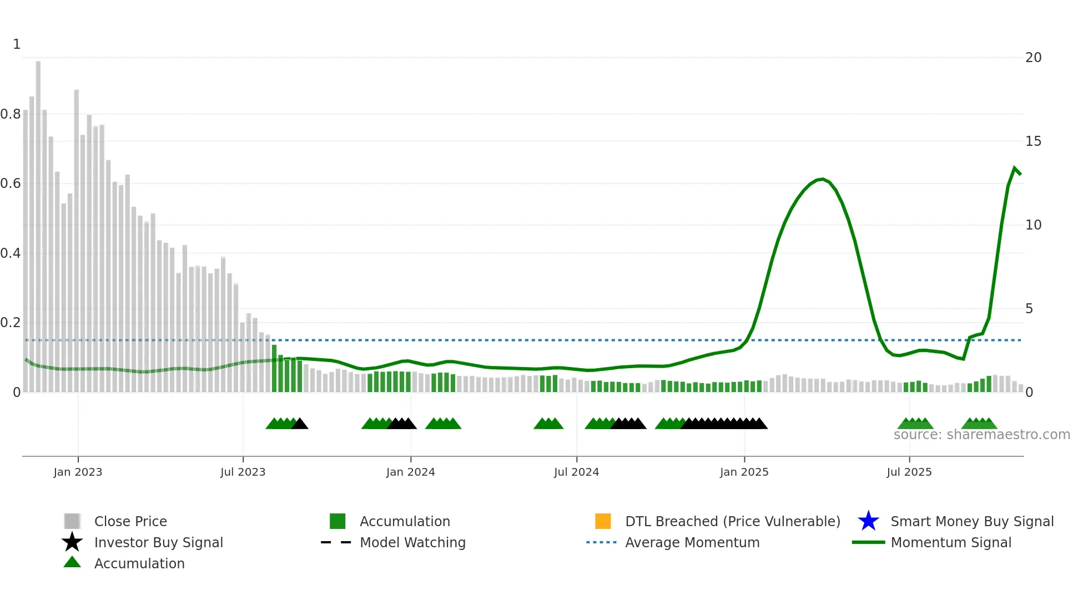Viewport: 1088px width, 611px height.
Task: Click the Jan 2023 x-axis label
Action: pos(78,472)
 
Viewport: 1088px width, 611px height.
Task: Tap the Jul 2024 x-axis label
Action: pos(576,472)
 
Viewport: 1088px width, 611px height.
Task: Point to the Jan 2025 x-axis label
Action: pos(744,472)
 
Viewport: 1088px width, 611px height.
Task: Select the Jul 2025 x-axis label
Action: pos(909,472)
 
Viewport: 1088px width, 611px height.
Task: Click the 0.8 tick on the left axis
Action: pos(11,114)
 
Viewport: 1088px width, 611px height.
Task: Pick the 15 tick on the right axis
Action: pos(1033,141)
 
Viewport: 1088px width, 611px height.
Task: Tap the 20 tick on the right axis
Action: pos(1033,58)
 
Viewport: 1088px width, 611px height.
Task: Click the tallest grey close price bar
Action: pos(38,222)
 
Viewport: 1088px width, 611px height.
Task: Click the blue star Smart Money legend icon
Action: pos(868,521)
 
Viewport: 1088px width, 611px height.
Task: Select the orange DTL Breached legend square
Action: pos(603,521)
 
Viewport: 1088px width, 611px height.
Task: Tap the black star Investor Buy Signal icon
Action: pos(72,542)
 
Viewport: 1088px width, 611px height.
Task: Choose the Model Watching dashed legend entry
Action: pos(336,542)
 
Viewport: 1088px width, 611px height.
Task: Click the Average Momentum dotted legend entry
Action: pos(601,542)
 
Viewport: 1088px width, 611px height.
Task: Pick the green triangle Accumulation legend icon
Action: pos(72,562)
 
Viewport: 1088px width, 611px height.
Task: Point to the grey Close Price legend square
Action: pos(72,521)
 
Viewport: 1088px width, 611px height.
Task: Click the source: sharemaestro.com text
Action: pos(981,435)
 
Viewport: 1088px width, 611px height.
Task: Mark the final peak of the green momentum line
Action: pos(1015,168)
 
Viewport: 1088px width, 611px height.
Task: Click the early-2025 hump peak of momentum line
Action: pos(822,179)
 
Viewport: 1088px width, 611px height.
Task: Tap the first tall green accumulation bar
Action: pos(274,369)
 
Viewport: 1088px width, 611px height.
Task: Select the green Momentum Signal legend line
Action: pos(868,542)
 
